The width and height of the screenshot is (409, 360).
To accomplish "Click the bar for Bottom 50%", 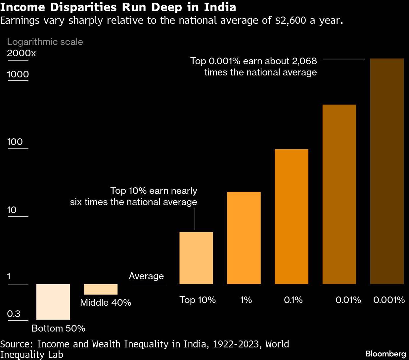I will (x=53, y=301).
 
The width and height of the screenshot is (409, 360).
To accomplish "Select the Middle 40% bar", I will (x=101, y=289).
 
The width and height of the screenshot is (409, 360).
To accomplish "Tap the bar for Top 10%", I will (x=196, y=258).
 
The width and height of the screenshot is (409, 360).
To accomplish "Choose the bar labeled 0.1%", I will (x=291, y=216).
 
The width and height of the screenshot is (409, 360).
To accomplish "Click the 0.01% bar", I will (x=339, y=194).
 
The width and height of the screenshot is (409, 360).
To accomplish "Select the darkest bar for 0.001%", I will (x=386, y=171).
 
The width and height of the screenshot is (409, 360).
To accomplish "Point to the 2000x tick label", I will (x=21, y=53).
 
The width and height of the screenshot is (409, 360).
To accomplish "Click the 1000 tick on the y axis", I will (x=18, y=74).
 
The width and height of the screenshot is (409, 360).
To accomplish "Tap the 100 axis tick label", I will (x=15, y=142).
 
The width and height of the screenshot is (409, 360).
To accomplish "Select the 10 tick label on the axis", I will (x=12, y=210).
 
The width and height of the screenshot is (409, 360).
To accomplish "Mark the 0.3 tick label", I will (x=14, y=313).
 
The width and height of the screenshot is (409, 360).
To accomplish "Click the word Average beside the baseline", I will (x=146, y=276).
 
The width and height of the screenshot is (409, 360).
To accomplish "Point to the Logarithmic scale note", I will (x=45, y=42).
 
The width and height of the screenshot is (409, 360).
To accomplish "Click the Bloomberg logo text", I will (x=386, y=353).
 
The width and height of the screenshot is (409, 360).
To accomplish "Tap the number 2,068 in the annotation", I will (x=304, y=61).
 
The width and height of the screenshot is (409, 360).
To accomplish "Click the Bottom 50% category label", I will (x=58, y=328).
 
